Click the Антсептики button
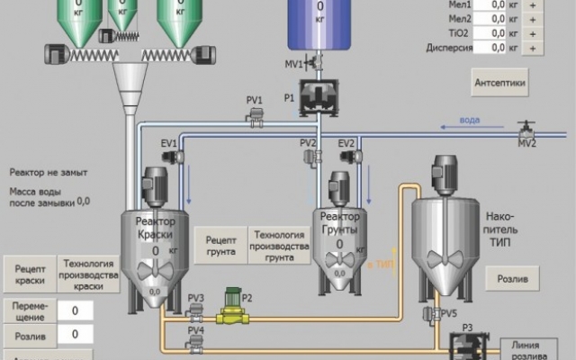pyautogui.click(x=499, y=83)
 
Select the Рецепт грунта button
pyautogui.click(x=220, y=246)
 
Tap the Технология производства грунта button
pyautogui.click(x=280, y=245)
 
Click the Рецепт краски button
pyautogui.click(x=30, y=274)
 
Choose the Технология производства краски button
pyautogui.click(x=88, y=274)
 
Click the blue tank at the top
pyautogui.click(x=320, y=24)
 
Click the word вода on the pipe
pyautogui.click(x=469, y=120)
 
